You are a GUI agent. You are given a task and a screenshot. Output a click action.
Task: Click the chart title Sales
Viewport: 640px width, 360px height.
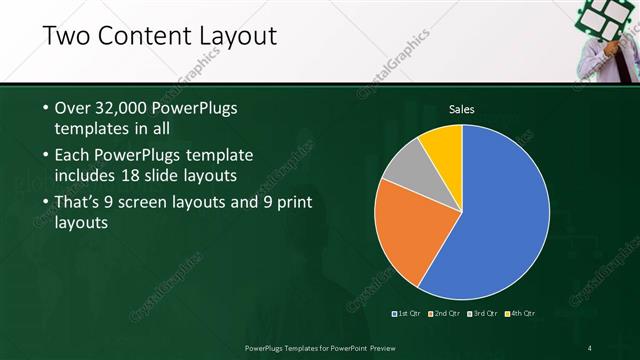click(x=461, y=109)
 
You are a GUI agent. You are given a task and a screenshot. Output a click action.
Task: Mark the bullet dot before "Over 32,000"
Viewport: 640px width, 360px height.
click(x=45, y=108)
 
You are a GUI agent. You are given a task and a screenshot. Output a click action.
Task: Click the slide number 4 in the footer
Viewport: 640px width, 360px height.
click(x=590, y=348)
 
